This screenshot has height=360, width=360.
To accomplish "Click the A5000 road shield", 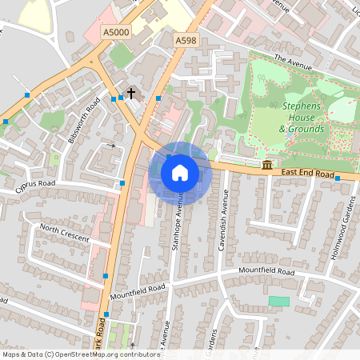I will [x=116, y=32].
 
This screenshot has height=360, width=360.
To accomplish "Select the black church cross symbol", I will [x=131, y=94].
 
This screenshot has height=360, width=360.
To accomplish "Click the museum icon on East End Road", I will [x=266, y=166].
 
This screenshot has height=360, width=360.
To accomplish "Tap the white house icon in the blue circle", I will [x=180, y=172].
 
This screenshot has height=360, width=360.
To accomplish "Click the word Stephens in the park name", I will [x=303, y=106].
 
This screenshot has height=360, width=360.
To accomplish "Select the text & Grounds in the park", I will [x=302, y=129].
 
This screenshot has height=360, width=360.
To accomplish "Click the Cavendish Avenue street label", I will [x=223, y=221].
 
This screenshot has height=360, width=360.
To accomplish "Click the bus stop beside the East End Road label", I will [x=338, y=178].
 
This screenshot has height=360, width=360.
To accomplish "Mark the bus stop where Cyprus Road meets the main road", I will [x=122, y=183].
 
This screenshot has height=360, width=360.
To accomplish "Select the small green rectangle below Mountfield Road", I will [x=278, y=301].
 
